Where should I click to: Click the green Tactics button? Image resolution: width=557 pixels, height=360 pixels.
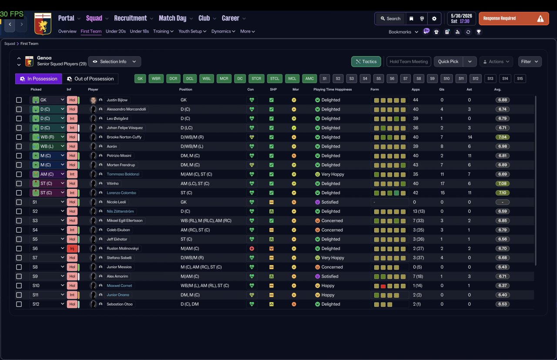coord(366,61)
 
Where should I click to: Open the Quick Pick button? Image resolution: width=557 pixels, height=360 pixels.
coord(448,61)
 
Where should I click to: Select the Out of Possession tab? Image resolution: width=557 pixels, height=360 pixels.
coord(90,79)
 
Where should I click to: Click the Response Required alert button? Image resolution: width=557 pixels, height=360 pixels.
coord(514,18)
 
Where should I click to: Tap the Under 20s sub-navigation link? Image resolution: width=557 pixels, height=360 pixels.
coord(116,31)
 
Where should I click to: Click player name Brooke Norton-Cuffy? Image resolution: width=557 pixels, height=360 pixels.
coord(124,137)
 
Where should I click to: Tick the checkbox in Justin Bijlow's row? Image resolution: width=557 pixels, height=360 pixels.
coord(19,100)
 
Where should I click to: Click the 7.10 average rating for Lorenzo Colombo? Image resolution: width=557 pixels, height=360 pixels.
coord(502,193)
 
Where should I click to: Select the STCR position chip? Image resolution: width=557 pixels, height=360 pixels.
coord(256,79)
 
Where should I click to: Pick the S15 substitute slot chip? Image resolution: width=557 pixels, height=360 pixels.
coord(520,79)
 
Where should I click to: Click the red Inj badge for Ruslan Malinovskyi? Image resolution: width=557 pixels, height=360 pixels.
coord(72,249)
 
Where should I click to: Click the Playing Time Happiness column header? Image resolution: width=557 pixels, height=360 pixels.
coord(332,89)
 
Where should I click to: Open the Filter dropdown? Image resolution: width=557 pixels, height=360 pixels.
coord(530,61)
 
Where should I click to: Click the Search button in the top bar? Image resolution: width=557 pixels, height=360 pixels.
coord(390,19)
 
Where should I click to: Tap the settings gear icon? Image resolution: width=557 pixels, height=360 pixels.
coord(434,19)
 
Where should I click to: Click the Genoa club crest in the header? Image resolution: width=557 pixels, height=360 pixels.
coord(43,24)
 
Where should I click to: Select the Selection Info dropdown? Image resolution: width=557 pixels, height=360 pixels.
coord(114,61)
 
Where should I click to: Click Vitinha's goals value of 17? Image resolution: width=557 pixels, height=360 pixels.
coord(442,184)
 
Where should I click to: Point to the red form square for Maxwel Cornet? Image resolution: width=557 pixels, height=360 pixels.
coord(383,286)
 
